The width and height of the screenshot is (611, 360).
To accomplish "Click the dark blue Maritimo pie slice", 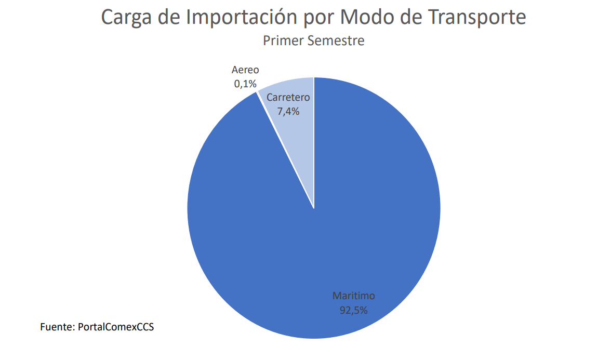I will coord(322,234).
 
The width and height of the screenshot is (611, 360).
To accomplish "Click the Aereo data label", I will coord(245,70).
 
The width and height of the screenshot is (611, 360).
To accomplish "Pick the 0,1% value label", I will coord(245,83).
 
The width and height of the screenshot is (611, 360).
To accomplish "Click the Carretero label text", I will coord(288,98).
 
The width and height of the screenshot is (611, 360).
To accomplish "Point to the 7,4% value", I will coord(288,111).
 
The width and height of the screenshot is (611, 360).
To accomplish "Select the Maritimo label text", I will coord(354,296).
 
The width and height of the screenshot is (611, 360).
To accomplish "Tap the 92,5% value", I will coord(354,310).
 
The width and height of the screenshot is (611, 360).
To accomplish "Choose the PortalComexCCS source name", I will coord(116,327).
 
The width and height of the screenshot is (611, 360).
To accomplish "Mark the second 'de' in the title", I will coord(411,18).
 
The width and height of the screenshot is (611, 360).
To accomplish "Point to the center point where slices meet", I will coord(314,208).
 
